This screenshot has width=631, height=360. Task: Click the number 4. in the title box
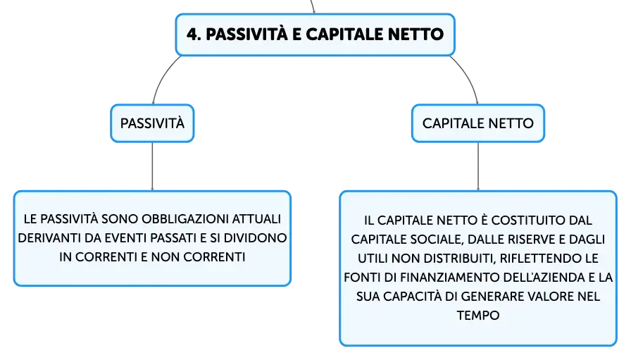tap(194, 35)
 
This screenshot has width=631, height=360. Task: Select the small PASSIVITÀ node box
tap(153, 123)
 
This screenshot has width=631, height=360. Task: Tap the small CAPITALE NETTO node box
tap(478, 123)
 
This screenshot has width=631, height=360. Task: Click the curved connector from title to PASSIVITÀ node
tap(162, 77)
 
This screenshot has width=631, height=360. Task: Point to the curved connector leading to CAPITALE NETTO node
tap(468, 77)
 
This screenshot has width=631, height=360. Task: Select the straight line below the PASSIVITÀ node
tap(153, 166)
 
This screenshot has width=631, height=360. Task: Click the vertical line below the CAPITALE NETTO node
tap(478, 166)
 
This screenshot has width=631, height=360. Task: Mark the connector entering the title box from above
tap(313, 6)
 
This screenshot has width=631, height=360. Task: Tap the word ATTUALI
tap(257, 219)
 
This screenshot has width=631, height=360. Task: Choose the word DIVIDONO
tap(255, 238)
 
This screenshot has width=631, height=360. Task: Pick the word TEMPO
tap(478, 316)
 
